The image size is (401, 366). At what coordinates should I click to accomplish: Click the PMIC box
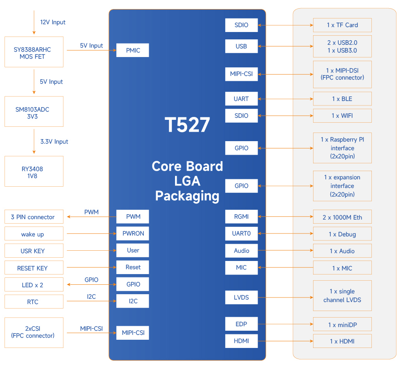132,50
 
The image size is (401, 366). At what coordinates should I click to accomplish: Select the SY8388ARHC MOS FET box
34,52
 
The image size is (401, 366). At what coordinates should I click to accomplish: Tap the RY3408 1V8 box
34,172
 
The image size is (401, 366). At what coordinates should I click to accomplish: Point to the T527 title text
187,125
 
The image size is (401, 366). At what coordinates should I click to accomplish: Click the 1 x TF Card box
342,25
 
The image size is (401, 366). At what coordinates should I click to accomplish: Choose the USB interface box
241,46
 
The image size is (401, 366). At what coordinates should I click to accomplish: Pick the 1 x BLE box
342,99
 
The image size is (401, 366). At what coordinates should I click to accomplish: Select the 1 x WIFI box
342,116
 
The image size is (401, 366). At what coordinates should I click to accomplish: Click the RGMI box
241,217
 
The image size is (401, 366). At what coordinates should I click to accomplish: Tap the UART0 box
241,233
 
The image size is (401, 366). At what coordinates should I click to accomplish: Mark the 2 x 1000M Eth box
342,217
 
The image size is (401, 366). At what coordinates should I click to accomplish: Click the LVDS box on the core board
241,297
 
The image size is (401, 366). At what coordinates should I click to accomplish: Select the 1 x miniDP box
342,325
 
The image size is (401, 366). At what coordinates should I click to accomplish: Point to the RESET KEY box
34,268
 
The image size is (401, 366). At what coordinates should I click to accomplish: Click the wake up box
34,234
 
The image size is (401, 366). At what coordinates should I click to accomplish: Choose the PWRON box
132,233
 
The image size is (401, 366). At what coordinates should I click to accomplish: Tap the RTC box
34,302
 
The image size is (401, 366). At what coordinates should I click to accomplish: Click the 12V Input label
53,22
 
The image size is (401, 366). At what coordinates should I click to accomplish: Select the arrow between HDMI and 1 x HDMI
285,341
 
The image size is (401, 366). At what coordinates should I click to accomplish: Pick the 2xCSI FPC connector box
34,332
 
